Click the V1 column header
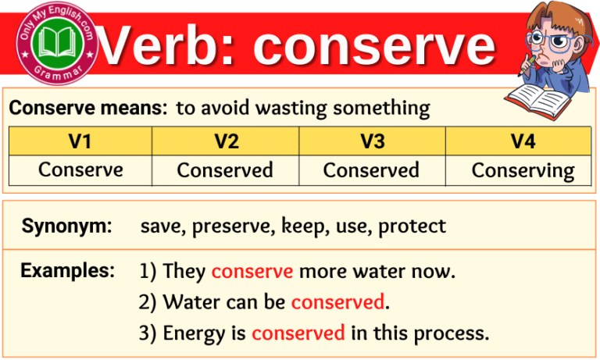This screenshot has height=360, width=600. (x=80, y=141)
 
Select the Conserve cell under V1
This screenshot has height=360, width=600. (x=80, y=169)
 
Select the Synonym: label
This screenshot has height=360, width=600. (x=67, y=226)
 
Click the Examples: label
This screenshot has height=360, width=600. (x=68, y=271)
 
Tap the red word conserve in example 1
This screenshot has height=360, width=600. (x=252, y=272)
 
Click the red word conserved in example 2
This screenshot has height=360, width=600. (x=338, y=302)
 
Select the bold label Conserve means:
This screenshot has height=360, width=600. (x=88, y=108)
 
